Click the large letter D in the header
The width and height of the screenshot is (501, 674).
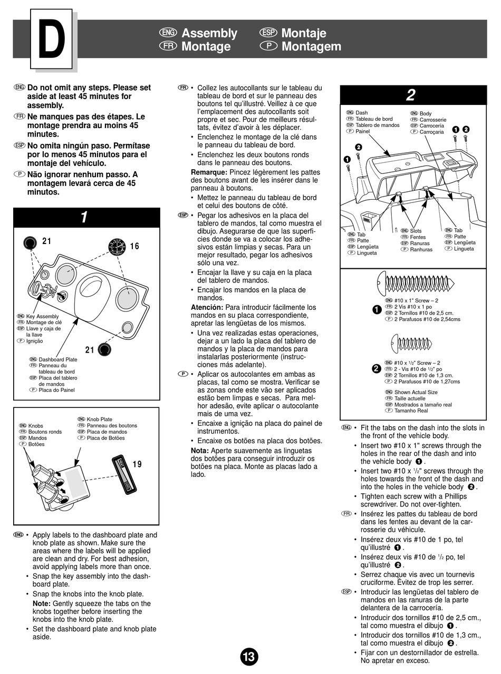(51, 40)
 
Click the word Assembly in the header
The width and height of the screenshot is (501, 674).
(209, 33)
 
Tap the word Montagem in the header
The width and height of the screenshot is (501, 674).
(311, 46)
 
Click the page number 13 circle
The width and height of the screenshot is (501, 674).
(249, 657)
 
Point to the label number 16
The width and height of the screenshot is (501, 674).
(134, 246)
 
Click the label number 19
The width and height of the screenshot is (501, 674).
(137, 464)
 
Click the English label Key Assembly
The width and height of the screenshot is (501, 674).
(42, 316)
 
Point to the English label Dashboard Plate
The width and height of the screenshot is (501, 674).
(58, 359)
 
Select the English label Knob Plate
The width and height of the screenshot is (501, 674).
(99, 419)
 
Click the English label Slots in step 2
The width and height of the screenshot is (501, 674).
(416, 231)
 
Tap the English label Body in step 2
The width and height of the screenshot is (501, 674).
(425, 113)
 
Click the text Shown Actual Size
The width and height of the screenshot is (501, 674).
(416, 392)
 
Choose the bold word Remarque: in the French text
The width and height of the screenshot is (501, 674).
(209, 172)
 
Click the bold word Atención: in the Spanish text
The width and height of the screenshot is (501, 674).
(207, 307)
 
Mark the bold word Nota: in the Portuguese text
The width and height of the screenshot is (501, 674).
(200, 451)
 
